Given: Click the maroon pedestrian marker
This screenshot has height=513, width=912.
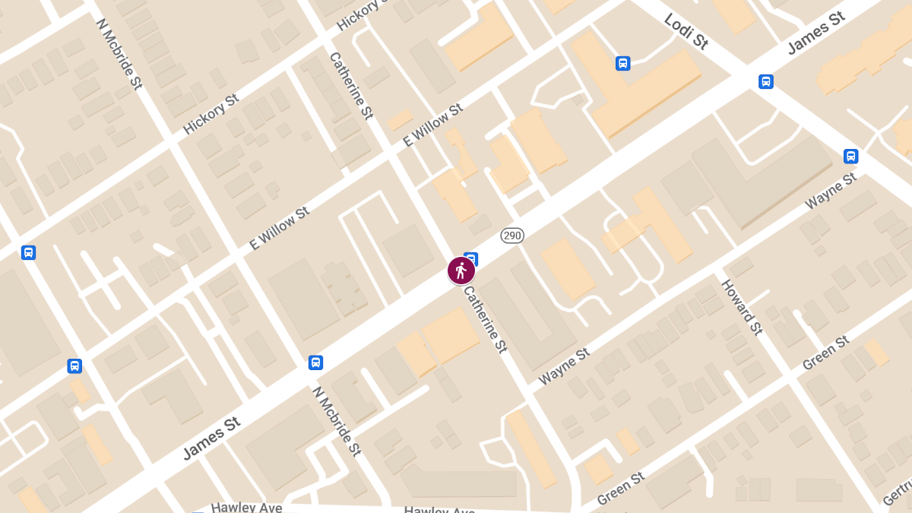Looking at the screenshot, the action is click(461, 271).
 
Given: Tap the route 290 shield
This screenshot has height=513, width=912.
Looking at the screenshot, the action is click(512, 236).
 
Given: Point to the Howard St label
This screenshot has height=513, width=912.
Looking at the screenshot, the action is click(742, 307).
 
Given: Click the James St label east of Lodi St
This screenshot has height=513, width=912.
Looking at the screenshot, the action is click(816, 33).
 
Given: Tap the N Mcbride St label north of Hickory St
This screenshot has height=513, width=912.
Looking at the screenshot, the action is click(119, 54).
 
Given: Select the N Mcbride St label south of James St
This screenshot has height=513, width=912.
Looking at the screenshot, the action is click(336, 420).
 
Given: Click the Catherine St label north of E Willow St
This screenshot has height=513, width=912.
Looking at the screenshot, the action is click(351, 86).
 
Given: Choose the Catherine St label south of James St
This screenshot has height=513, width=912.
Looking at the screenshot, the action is click(485, 319).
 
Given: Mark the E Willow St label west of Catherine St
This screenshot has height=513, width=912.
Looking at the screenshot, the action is click(280, 228).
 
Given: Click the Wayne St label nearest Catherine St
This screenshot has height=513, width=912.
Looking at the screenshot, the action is click(564, 366).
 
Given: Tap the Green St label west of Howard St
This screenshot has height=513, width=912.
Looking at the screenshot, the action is click(621, 488).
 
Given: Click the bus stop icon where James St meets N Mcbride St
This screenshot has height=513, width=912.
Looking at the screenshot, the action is click(315, 363).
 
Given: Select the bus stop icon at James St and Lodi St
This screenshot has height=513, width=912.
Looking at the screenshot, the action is click(766, 81).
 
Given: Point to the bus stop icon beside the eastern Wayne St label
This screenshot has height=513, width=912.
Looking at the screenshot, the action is click(850, 157).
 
